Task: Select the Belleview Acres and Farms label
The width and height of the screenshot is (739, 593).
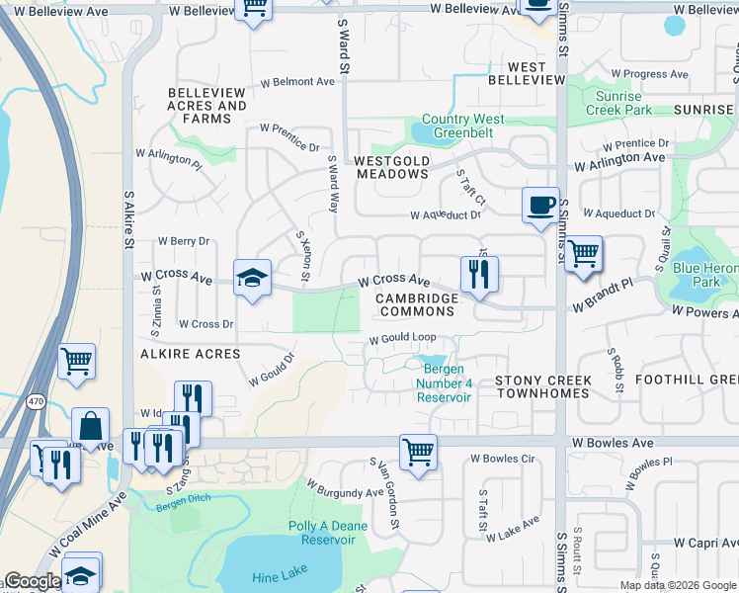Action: click(206, 112)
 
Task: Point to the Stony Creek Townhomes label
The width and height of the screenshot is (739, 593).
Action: click(542, 386)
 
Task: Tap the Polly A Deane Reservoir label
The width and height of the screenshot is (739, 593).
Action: click(322, 534)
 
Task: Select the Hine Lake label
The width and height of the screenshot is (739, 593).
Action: click(280, 570)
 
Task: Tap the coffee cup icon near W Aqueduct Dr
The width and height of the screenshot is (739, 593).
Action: click(540, 206)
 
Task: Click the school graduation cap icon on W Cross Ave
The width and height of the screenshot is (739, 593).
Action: click(253, 278)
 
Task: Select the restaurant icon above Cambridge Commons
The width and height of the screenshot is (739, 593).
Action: click(478, 274)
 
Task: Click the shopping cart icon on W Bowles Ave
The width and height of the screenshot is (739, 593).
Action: click(419, 453)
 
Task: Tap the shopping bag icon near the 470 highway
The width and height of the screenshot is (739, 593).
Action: click(90, 427)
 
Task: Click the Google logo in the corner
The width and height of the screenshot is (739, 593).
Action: click(33, 581)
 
